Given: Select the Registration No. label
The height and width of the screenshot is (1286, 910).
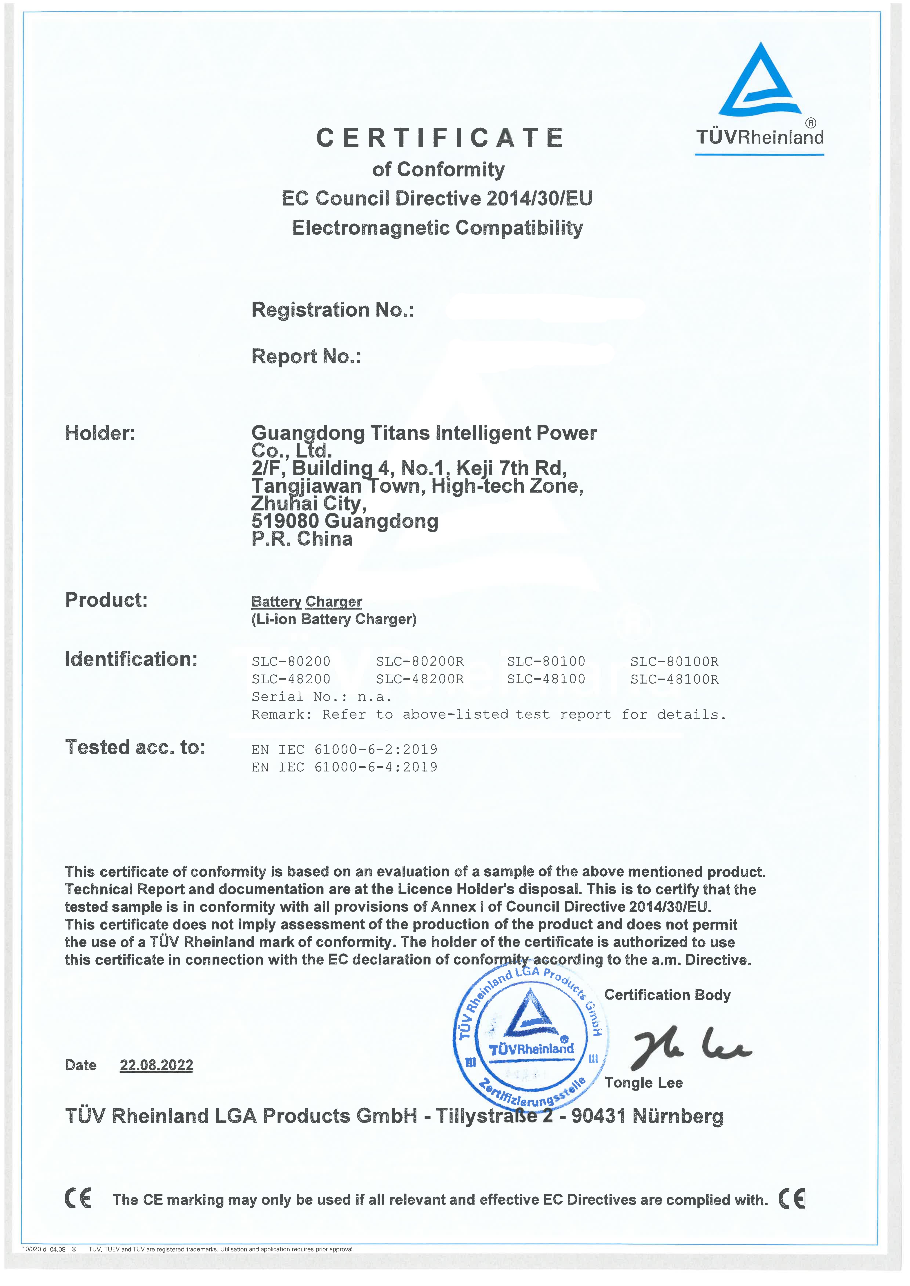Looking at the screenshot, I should [332, 310].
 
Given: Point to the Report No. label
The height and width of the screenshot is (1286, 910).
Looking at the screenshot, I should [306, 356].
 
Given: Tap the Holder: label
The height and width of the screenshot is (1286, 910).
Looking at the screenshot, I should [100, 433].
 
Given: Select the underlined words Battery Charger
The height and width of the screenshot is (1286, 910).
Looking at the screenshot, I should [307, 602].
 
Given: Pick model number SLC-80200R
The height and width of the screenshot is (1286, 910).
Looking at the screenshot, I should [420, 662].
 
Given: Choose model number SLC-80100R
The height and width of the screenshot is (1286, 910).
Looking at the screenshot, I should [674, 662].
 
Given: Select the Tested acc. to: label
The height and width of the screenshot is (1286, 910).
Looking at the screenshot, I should [135, 747].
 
